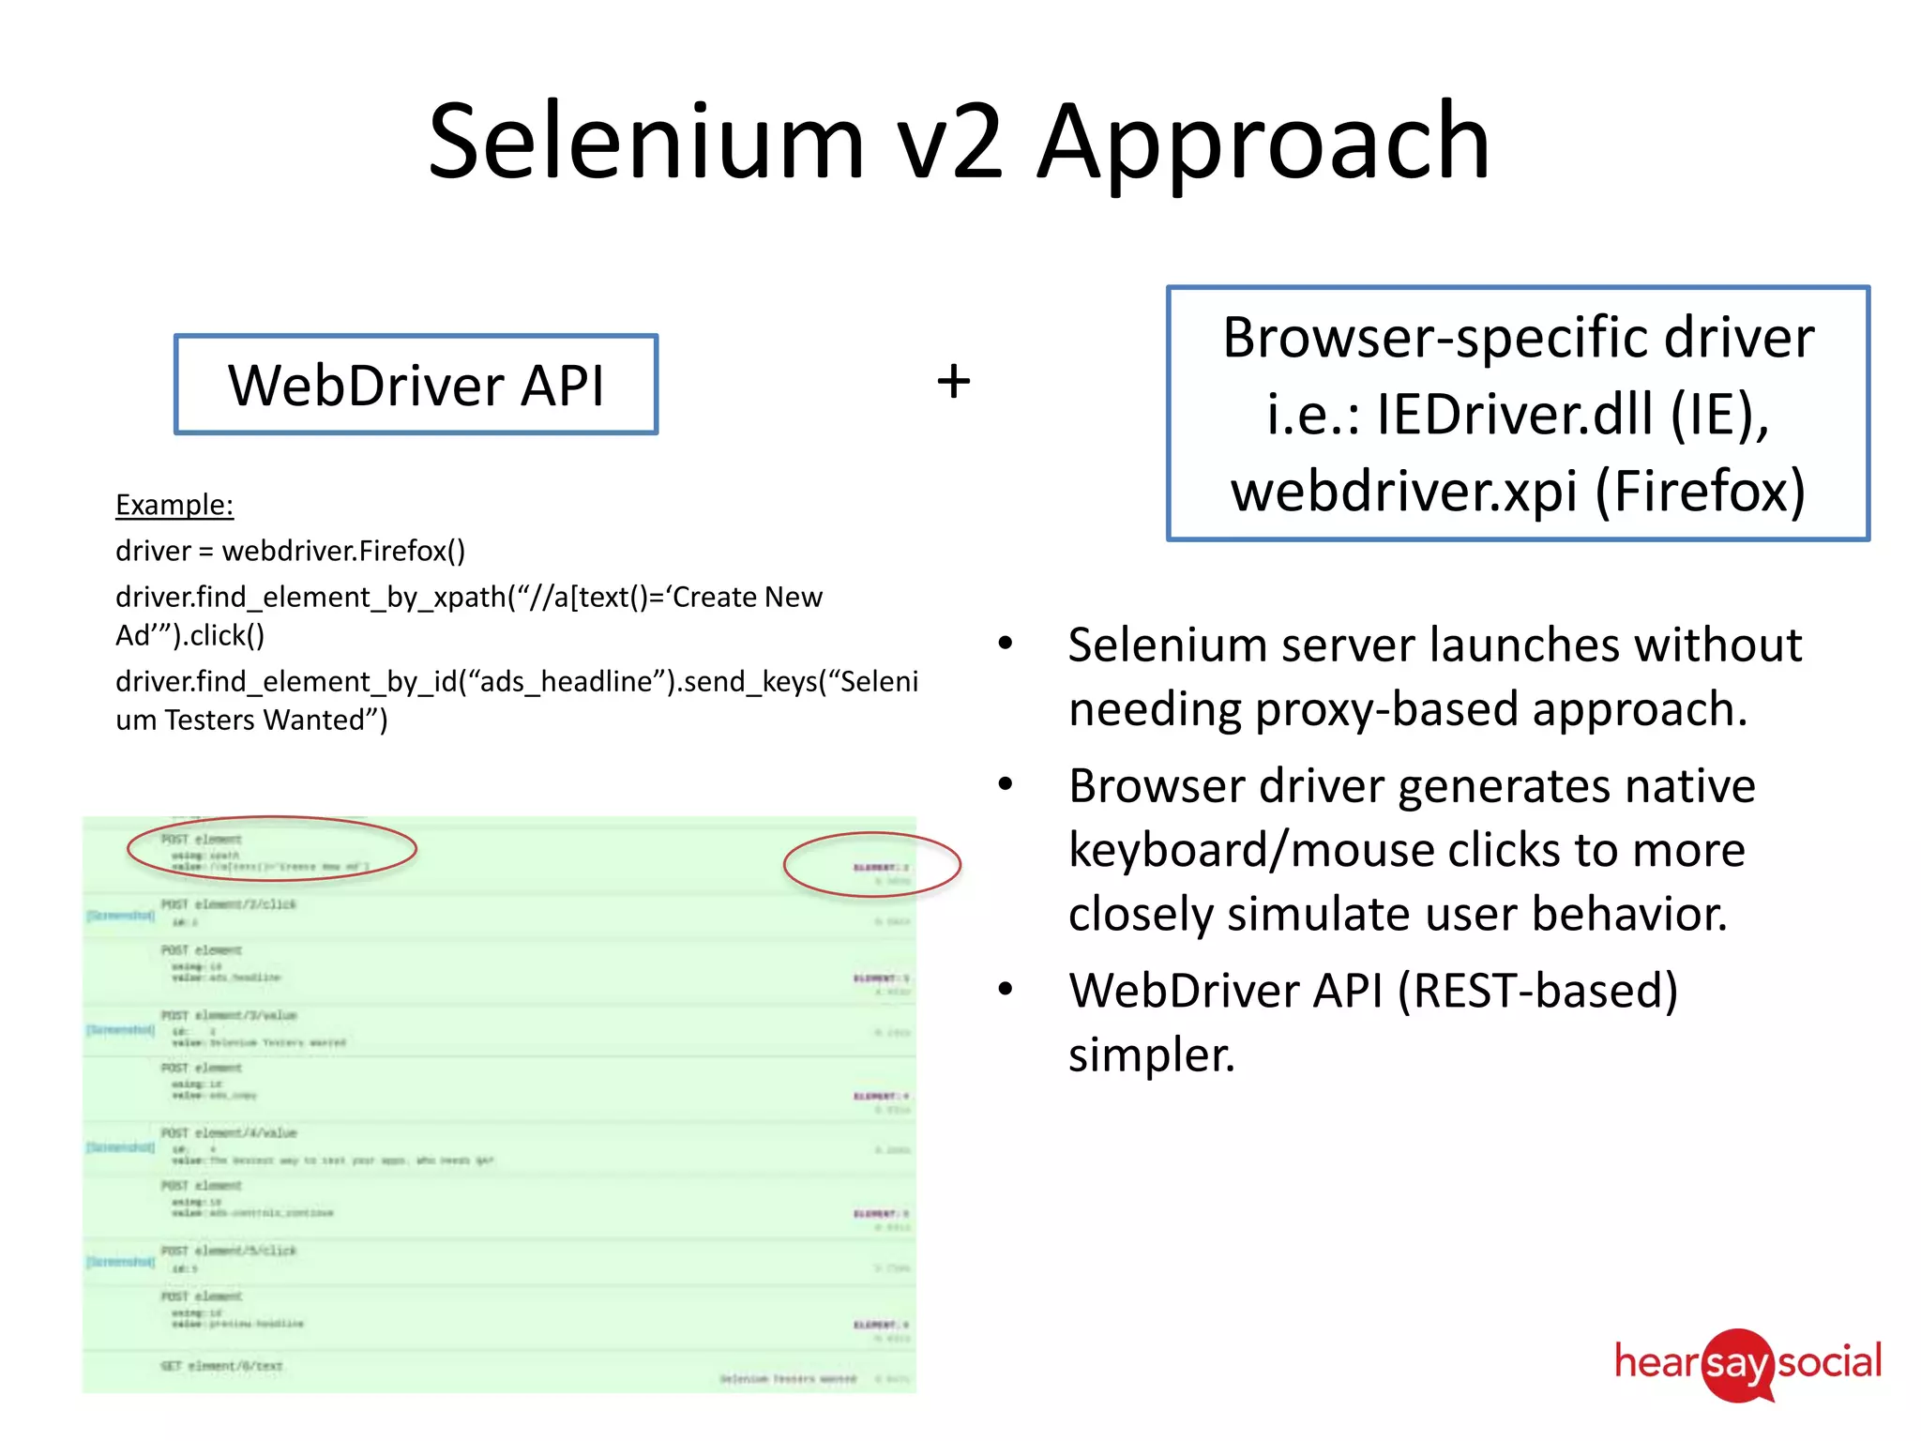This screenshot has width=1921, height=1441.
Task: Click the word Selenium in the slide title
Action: (x=645, y=143)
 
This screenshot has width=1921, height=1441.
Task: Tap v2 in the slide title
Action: (x=949, y=143)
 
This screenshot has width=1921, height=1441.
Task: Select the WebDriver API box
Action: (x=416, y=385)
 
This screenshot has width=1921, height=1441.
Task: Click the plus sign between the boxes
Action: (x=954, y=382)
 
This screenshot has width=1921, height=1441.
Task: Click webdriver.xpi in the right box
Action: (x=1404, y=491)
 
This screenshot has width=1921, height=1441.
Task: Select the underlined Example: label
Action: (x=174, y=505)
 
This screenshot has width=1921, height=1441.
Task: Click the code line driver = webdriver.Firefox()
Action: (x=290, y=551)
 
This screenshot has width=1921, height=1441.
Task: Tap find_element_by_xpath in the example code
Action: (x=310, y=598)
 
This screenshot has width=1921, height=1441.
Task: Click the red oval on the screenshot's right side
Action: (x=872, y=864)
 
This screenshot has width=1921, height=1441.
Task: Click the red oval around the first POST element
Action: (x=272, y=848)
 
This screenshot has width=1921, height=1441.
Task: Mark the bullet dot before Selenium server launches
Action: (x=1006, y=644)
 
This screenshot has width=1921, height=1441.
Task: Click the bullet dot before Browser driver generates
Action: (x=1006, y=784)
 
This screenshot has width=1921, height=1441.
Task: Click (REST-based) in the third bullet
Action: (x=1537, y=991)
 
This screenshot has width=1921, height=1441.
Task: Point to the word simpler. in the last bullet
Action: (x=1152, y=1055)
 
